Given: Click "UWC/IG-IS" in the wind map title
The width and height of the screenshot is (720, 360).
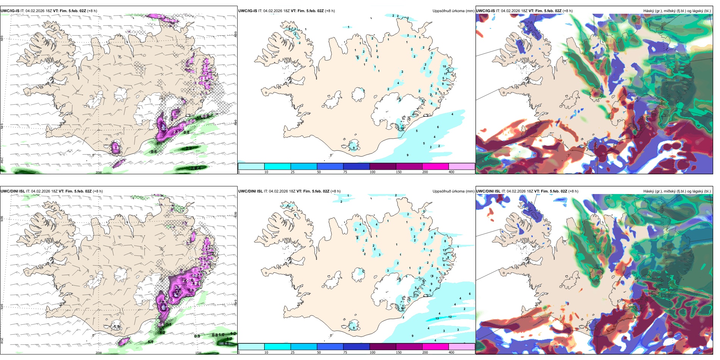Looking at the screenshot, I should click(x=10, y=11).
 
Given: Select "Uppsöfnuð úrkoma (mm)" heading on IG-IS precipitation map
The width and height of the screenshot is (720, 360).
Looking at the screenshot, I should click(x=453, y=11).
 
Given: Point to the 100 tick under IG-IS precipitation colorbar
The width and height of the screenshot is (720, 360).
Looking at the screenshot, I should click(x=373, y=172).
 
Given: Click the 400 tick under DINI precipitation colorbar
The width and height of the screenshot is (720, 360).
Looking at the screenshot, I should click(x=451, y=352).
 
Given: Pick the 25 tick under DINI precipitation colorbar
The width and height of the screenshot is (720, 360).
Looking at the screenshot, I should click(x=293, y=352).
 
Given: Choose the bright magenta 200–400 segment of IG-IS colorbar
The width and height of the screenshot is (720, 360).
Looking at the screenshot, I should click(x=435, y=166).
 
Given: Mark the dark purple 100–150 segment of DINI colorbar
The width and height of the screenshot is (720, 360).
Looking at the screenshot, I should click(x=383, y=347).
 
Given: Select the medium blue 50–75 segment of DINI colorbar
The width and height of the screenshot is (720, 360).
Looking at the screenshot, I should click(x=330, y=347).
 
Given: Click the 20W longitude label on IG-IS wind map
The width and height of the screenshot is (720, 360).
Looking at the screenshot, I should click(x=99, y=172).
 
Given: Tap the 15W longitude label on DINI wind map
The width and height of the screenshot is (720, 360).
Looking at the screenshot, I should click(x=198, y=353).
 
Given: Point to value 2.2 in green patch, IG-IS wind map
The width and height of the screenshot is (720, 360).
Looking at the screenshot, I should click(x=189, y=148).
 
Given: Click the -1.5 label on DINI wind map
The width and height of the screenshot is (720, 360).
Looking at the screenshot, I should click(x=116, y=327).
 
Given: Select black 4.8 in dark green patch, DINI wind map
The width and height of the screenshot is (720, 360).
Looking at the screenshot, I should click(x=225, y=344).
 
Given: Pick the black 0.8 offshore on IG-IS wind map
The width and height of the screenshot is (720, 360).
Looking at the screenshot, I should click(x=186, y=133).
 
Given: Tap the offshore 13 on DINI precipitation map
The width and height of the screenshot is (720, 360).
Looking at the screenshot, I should click(x=437, y=318).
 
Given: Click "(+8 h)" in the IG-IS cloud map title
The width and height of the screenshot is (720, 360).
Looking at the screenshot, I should click(x=568, y=11).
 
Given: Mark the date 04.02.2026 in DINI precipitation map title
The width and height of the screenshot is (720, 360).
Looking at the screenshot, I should click(x=279, y=191).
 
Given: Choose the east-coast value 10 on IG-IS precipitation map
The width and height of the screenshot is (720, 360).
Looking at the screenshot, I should click(x=445, y=66).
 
